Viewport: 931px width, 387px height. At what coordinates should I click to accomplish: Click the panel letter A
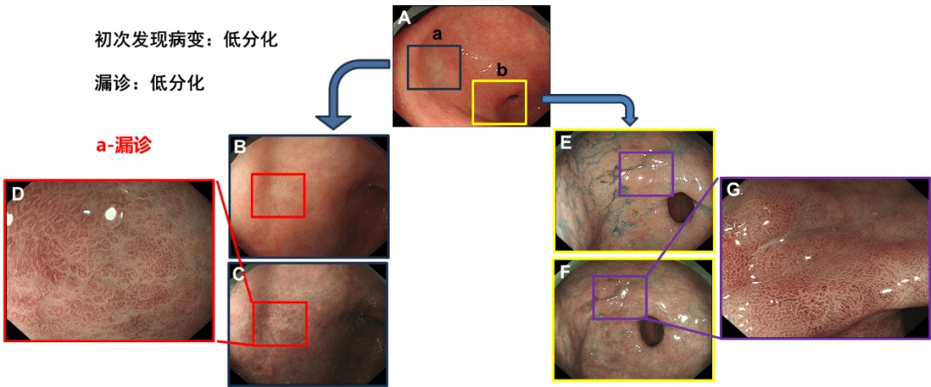[x=403, y=18]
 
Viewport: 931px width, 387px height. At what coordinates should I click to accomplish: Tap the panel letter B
[x=241, y=147]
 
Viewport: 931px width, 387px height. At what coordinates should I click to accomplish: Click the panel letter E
[x=566, y=143]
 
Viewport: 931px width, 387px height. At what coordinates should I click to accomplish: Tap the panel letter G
[x=735, y=190]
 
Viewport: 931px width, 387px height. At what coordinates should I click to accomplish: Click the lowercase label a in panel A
[x=436, y=34]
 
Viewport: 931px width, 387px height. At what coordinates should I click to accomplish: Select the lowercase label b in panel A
[x=503, y=70]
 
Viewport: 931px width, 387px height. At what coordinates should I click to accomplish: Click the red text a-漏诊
[x=123, y=146]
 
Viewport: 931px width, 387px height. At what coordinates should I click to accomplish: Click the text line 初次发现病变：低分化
[x=186, y=40]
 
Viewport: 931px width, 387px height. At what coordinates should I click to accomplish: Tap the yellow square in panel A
[x=499, y=102]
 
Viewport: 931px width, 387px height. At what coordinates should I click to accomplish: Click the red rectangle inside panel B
[x=278, y=195]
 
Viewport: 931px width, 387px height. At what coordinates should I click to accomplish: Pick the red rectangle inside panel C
[x=280, y=323]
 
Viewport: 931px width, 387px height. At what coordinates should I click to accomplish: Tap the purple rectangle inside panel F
[x=619, y=297]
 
